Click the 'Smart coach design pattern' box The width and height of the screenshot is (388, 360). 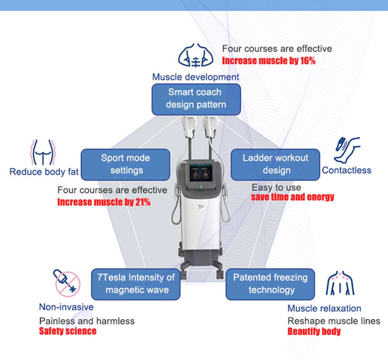coord(196,99)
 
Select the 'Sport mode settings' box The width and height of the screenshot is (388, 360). coord(125,165)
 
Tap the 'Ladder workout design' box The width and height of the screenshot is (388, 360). coord(275,165)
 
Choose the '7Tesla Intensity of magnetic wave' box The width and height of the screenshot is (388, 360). coord(136,284)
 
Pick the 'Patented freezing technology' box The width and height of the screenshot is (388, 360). coord(270,284)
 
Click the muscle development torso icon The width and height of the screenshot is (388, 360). coord(196,55)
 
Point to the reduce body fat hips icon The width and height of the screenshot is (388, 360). coord(43,152)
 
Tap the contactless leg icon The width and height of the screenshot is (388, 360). coord(346,150)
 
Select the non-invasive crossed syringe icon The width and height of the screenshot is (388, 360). coord(67,283)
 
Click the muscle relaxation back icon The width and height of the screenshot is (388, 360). coord(340,283)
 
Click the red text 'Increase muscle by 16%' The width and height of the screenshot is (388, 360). coord(269,61)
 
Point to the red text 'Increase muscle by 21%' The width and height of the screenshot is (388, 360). coord(104,202)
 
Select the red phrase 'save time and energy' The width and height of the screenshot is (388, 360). coord(293,197)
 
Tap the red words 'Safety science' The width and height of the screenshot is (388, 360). coord(68,331)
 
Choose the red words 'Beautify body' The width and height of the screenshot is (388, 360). coord(314,332)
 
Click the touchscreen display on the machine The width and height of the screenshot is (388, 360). coord(201,173)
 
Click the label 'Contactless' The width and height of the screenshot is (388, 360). coord(346,170)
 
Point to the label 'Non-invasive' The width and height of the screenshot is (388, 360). coord(66,307)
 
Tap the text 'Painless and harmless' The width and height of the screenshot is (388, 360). coord(87,321)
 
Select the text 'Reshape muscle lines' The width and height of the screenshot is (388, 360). coord(334,321)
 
